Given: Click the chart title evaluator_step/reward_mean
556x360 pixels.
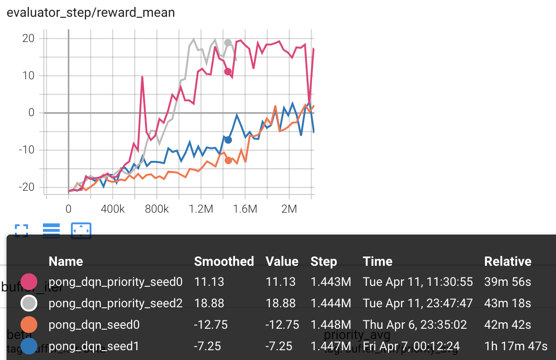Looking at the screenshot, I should tap(90, 13).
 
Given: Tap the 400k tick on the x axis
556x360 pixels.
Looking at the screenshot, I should tap(112, 209).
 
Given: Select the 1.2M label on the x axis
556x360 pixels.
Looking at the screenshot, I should tap(201, 209).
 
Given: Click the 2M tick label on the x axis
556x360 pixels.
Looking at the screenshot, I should tap(289, 209).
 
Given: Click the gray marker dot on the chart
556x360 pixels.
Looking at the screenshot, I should tap(228, 43).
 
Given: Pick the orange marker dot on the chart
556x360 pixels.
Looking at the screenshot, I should tap(228, 160).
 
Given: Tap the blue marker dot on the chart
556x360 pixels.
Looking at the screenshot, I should tap(228, 140).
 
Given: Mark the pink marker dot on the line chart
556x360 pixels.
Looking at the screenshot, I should tap(228, 71).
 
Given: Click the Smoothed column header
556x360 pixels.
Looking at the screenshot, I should tap(224, 262).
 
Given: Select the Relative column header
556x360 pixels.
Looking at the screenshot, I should tap(507, 262).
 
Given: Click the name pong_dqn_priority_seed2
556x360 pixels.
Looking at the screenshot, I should tap(116, 303).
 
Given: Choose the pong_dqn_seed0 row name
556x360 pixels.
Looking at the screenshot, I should tap(94, 325).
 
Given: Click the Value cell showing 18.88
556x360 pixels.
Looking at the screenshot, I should tap(280, 303).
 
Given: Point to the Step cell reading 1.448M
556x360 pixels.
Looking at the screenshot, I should tap(331, 325).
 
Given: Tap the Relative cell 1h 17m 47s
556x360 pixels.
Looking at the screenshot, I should tap(515, 346).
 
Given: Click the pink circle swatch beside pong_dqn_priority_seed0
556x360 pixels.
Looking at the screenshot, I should tap(29, 282).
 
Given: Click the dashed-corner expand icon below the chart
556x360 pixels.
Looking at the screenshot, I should tap(21, 230).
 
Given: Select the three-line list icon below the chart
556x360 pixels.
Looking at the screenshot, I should tap(51, 230).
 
